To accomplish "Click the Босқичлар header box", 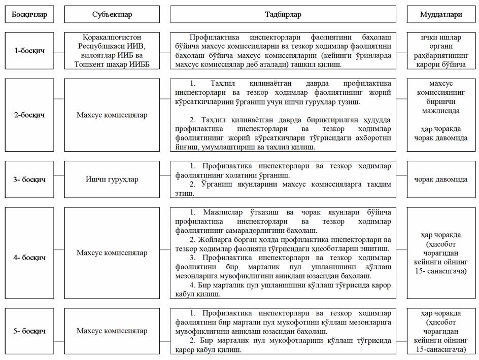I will pos(29,15).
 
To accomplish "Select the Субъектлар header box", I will pos(111,15).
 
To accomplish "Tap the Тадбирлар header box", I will pos(283,15).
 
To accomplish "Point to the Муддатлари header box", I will pos(441,15).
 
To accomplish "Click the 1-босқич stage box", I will pos(29,51).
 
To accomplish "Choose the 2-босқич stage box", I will pos(29,115).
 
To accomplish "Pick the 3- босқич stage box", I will pos(29,179).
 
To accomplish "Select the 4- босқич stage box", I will pos(29,253).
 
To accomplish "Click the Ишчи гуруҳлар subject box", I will pos(111,179).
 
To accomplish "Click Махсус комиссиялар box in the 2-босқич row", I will pos(111,115).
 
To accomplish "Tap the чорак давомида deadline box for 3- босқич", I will pos(441,179).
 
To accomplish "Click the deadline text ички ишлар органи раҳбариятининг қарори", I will pos(441,51).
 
